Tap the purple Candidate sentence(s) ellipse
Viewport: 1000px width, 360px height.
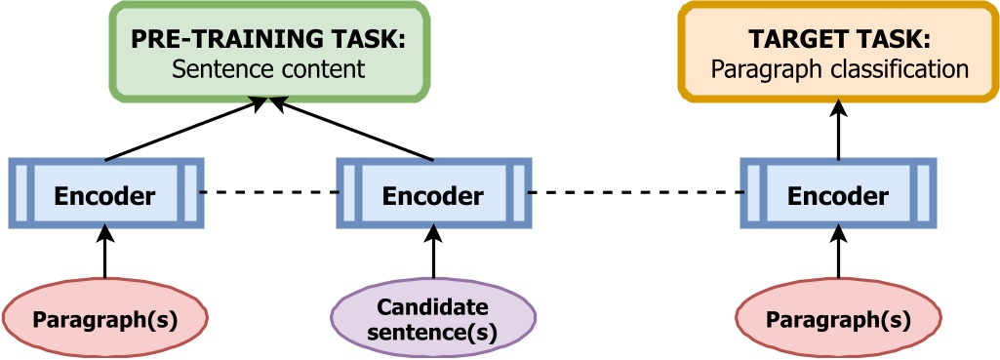pos(433,320)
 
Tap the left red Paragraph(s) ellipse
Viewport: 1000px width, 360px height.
pos(105,319)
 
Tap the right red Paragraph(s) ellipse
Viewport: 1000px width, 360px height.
pos(838,319)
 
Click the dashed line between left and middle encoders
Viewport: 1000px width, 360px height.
pos(270,192)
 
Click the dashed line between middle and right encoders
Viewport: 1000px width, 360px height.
pos(634,192)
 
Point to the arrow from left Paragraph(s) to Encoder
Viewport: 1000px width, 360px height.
pos(105,255)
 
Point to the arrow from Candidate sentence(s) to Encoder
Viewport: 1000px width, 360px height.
pos(433,257)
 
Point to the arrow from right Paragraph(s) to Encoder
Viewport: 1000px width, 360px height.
pos(838,255)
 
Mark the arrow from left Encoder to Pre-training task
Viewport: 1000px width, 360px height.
pos(180,129)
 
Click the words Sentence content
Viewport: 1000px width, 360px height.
pos(267,70)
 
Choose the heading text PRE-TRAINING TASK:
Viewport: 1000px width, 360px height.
pos(267,40)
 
